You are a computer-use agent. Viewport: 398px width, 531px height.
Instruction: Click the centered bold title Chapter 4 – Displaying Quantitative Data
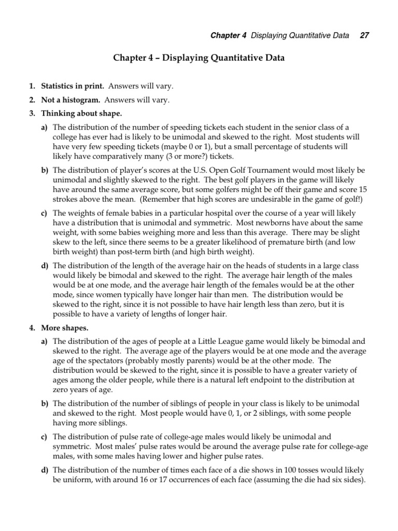pos(198,59)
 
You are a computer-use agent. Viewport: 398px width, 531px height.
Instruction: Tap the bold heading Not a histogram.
pos(71,100)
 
